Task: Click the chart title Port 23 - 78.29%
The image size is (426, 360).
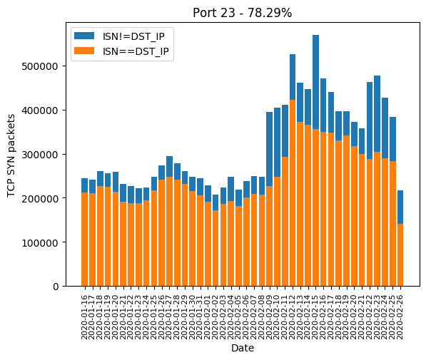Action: [x=242, y=13]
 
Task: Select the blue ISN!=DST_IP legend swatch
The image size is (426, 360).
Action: [x=84, y=36]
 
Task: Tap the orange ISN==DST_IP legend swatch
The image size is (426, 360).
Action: [x=84, y=51]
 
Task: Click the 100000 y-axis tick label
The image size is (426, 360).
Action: [x=40, y=242]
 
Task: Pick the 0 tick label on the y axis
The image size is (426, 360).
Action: [x=56, y=287]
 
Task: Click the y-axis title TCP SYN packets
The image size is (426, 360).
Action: [x=11, y=155]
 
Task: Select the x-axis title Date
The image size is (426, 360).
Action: [x=243, y=348]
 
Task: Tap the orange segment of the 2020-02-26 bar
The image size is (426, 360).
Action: [x=400, y=255]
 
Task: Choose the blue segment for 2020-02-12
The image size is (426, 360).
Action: [x=293, y=77]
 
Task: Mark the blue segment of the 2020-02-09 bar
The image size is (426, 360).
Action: [x=270, y=149]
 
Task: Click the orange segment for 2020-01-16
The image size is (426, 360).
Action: [x=84, y=240]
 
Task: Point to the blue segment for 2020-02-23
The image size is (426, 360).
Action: [x=377, y=114]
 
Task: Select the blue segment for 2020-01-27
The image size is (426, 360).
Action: [x=169, y=167]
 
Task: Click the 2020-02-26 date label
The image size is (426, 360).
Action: [x=400, y=317]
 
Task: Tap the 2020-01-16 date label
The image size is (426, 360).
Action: [x=84, y=317]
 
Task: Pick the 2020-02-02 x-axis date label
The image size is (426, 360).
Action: [x=215, y=317]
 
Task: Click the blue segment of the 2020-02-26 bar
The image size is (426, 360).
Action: [x=400, y=207]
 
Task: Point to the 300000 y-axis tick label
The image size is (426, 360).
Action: [x=40, y=155]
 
